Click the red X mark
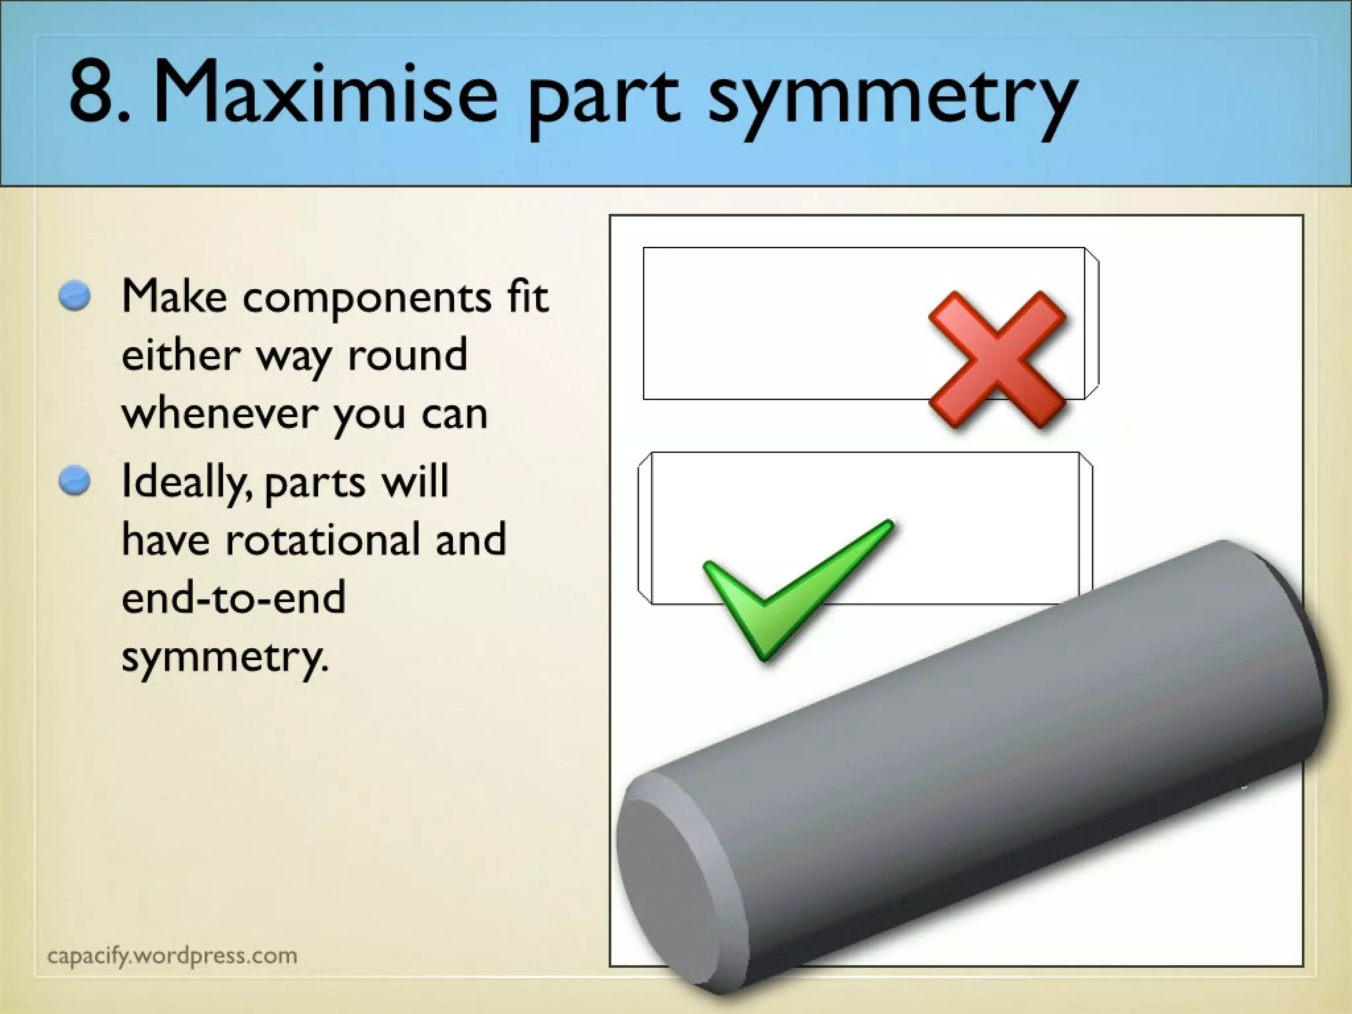tap(997, 359)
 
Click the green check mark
tap(792, 588)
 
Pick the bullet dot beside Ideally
tap(74, 480)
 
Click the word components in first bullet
tap(367, 298)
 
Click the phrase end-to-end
tap(234, 597)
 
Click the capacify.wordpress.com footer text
tap(172, 955)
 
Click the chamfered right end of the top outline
tap(1092, 323)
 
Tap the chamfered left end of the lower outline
tap(645, 528)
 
